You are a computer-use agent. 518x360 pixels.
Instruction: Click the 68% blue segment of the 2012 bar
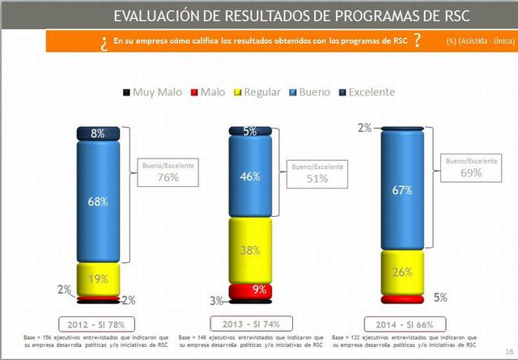coord(98,201)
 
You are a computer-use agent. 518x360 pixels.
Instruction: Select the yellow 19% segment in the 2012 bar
coord(98,279)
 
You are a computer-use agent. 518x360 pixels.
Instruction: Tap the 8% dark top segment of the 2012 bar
coord(98,133)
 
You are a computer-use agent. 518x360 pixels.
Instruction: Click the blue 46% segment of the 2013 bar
coord(251,176)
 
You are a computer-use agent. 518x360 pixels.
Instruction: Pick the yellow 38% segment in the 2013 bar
coord(251,250)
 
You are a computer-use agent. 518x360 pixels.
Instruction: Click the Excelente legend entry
coord(362,92)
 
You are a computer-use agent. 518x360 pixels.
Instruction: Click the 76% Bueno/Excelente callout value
coord(168,178)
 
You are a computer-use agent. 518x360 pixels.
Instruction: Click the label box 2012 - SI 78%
coord(98,323)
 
